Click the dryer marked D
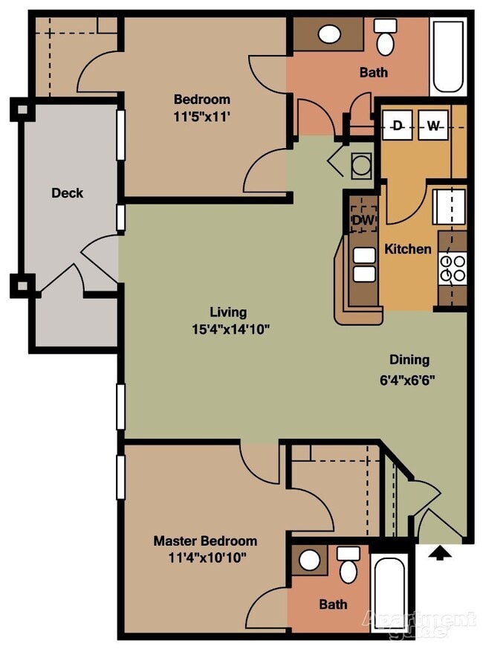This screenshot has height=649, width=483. (397, 125)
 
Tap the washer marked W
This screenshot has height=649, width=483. (433, 125)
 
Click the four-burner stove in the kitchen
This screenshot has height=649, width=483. (453, 268)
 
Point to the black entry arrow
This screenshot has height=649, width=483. (440, 553)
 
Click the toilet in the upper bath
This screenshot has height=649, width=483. (386, 37)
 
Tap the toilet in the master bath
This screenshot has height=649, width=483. (349, 565)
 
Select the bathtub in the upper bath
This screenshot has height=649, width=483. (448, 56)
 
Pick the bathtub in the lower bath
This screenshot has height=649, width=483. (389, 590)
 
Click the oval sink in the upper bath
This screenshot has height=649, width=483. (330, 33)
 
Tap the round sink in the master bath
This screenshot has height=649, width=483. (310, 561)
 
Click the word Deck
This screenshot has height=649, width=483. (68, 193)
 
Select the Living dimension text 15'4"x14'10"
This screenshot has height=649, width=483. (231, 329)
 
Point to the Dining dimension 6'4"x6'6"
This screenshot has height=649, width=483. (407, 380)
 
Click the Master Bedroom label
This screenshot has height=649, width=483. (205, 541)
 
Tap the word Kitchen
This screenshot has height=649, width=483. (408, 249)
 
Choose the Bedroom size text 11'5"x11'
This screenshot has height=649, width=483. (201, 117)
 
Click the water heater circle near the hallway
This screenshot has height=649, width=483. (362, 165)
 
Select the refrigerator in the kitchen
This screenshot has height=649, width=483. (450, 207)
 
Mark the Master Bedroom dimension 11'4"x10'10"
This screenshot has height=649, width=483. (207, 558)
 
